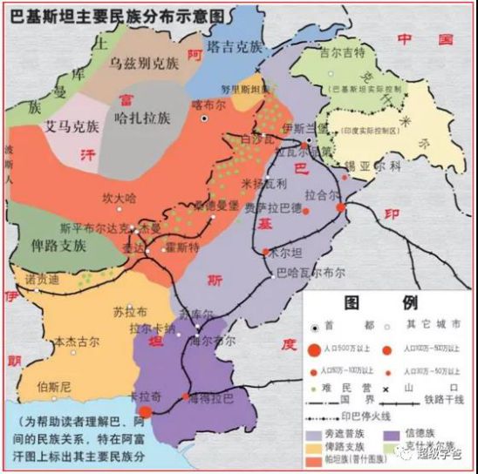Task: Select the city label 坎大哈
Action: (x=119, y=198)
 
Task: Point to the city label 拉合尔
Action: (x=322, y=193)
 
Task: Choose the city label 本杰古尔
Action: (x=77, y=342)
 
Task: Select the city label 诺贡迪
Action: (x=41, y=281)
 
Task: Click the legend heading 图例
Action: (x=384, y=304)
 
